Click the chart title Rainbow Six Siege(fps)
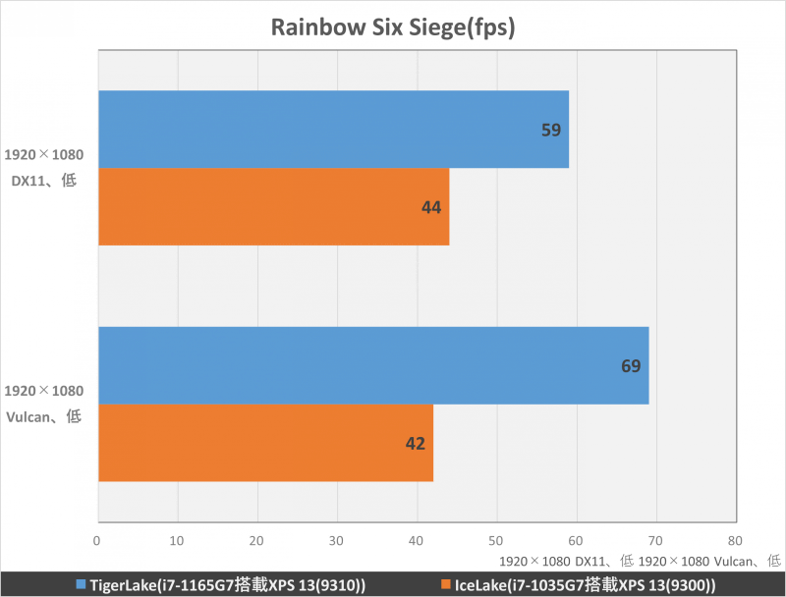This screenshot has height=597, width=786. pos(393,27)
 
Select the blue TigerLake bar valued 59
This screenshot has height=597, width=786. pos(333,130)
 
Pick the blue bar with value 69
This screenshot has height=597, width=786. pos(373,365)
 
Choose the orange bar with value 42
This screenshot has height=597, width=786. pos(265,443)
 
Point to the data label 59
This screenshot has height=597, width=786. pos(550,130)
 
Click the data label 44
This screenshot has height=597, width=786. pos(430,207)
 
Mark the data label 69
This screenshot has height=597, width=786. pos(631,366)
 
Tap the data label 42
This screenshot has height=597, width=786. pos(415,444)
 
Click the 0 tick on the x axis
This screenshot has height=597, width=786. pos(97,540)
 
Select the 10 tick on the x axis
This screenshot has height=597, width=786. pos(177,540)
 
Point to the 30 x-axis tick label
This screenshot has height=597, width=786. pos(337,540)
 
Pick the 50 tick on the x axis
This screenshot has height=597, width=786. pos(496,540)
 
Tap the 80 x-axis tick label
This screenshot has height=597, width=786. pos(736,540)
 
